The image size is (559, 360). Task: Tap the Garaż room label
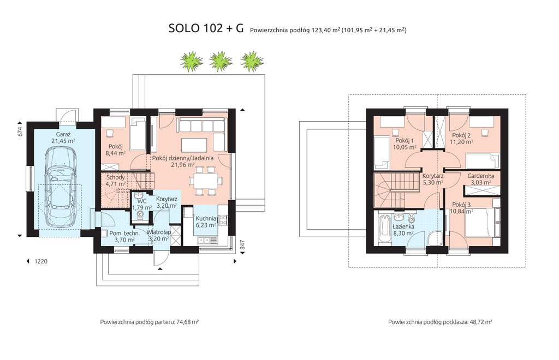point(63,135)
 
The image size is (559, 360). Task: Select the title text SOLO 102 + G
point(206,28)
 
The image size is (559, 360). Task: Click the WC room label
point(141,201)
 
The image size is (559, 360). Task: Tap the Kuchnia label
point(206,218)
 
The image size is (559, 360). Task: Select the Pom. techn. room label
point(122,233)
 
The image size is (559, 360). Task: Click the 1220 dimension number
point(41,261)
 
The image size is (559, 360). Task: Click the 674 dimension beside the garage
point(20,132)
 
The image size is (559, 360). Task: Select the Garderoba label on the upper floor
point(481,176)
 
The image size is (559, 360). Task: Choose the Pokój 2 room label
point(461,135)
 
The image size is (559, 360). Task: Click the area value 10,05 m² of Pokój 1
point(405,147)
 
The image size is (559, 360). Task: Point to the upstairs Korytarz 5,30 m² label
point(433,179)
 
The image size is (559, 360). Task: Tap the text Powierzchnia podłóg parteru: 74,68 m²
point(150,322)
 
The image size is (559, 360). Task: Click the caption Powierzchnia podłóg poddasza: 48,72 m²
point(441,322)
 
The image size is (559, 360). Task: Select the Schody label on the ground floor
point(116,177)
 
